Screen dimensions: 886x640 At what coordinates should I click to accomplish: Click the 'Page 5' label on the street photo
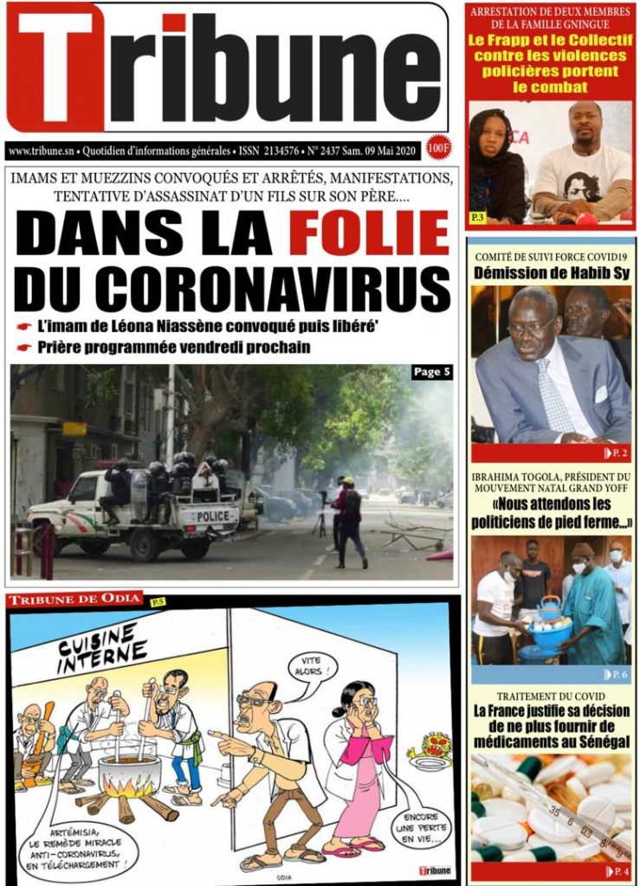pos(430,373)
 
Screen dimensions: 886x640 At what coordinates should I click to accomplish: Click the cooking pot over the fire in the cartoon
pos(130,772)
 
